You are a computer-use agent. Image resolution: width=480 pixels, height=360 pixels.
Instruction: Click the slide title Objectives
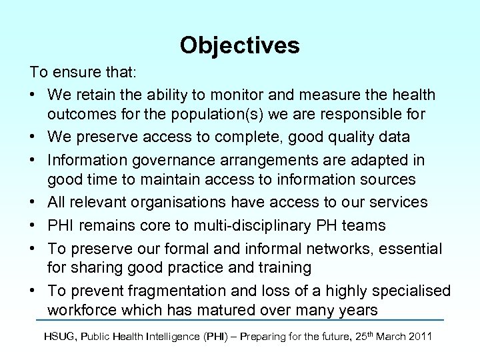tap(239, 45)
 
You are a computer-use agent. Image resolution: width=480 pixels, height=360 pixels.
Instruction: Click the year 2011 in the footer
tap(420, 337)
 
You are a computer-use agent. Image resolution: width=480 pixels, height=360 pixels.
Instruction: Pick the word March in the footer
tap(388, 337)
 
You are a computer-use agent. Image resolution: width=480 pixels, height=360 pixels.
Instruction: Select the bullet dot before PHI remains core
tap(33, 225)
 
